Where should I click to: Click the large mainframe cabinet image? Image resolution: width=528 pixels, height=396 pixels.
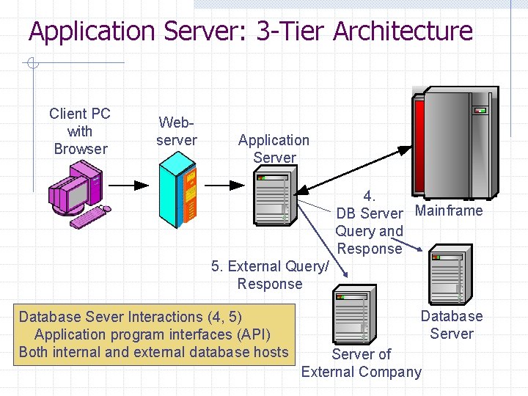(455, 143)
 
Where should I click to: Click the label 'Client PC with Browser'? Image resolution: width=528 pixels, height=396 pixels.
(80, 131)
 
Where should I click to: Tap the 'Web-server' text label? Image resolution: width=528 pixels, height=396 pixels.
(177, 131)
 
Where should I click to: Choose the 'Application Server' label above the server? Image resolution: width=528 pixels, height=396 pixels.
(274, 149)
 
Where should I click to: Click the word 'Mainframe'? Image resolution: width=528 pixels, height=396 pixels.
(449, 211)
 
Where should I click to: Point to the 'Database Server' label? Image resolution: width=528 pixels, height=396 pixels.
(451, 325)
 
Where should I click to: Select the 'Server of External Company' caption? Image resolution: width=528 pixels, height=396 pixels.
(362, 363)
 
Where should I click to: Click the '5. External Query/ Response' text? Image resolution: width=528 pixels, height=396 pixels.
(270, 275)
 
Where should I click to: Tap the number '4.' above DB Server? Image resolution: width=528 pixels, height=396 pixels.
(370, 196)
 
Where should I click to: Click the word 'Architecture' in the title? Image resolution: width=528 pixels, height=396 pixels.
(403, 32)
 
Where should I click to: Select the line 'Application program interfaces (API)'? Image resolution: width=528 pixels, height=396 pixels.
(152, 334)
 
